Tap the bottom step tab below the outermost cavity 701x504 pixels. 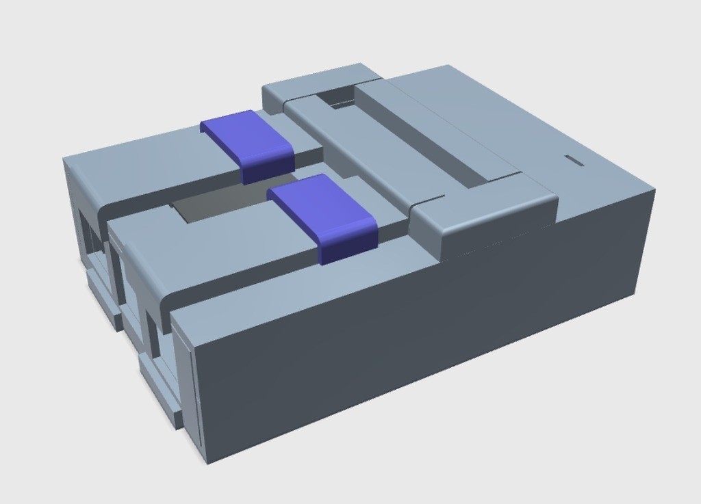point(103,301)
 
